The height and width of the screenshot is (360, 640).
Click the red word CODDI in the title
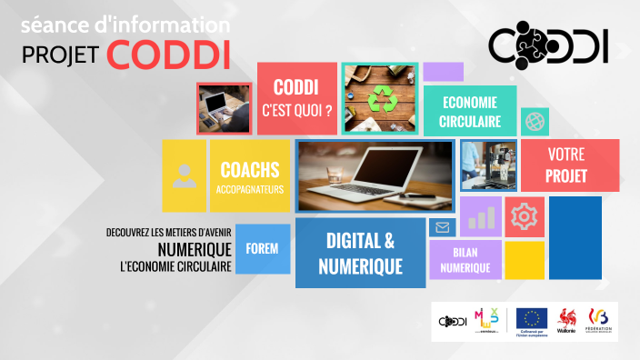167,54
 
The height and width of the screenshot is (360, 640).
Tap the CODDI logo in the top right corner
547,46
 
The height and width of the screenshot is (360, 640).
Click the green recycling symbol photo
380,98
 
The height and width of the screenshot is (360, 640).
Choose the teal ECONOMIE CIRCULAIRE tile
470,110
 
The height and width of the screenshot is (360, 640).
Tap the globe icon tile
534,121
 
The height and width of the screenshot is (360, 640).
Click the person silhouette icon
185,175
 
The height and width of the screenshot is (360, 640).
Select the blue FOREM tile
262,248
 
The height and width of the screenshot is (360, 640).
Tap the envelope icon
443,227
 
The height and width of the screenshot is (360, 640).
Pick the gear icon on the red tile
525,216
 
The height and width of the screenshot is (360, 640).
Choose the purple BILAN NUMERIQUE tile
465,260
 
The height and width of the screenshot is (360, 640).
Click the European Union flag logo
530,319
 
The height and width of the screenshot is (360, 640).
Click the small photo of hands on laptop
224,108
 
